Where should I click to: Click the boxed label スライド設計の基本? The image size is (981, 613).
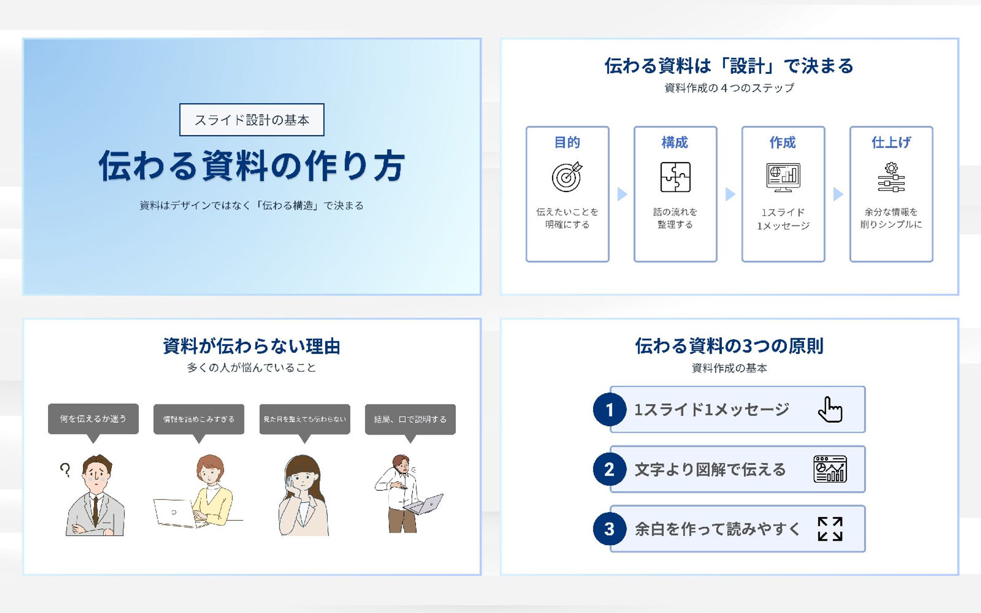252,120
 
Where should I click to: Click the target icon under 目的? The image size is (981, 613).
567,177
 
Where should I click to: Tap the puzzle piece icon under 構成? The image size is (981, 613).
675,177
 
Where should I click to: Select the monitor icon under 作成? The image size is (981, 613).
783,177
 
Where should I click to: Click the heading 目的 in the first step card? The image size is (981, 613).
567,142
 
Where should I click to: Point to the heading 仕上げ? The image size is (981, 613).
891,142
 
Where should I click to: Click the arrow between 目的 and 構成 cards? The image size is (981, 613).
622,194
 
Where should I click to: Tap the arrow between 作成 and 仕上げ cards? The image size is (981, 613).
838,194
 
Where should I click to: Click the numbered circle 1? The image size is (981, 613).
610,409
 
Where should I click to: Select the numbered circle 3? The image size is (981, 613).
610,529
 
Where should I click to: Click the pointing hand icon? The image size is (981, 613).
830,409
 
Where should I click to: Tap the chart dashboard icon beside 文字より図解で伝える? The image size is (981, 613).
830,469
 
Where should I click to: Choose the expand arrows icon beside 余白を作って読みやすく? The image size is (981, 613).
830,529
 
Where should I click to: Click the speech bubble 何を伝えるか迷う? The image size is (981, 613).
93,419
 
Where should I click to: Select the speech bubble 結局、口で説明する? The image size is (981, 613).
410,419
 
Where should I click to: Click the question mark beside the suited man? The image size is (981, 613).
66,470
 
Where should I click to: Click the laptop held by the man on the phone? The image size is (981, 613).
424,504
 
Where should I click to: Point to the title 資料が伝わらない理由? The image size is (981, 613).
252,346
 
